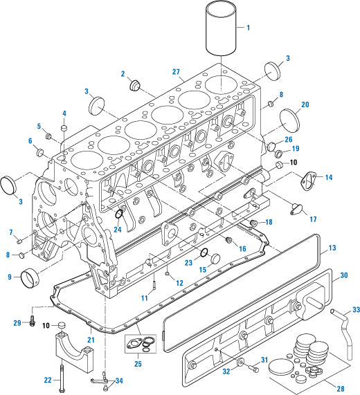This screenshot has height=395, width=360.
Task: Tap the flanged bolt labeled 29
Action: pyautogui.click(x=30, y=320)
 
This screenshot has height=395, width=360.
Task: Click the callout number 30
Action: pyautogui.click(x=343, y=275)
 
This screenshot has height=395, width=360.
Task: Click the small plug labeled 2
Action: pyautogui.click(x=134, y=85)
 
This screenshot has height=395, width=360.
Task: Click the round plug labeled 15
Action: pyautogui.click(x=213, y=258)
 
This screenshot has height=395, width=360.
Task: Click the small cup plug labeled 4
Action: pyautogui.click(x=64, y=129)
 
